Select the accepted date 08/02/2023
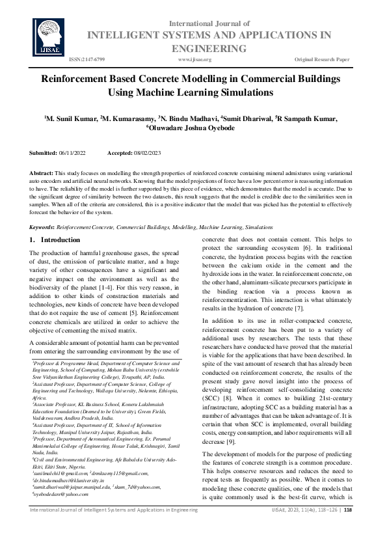(x=150, y=152)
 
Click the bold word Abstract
(x=42, y=172)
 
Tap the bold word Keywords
(x=42, y=227)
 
